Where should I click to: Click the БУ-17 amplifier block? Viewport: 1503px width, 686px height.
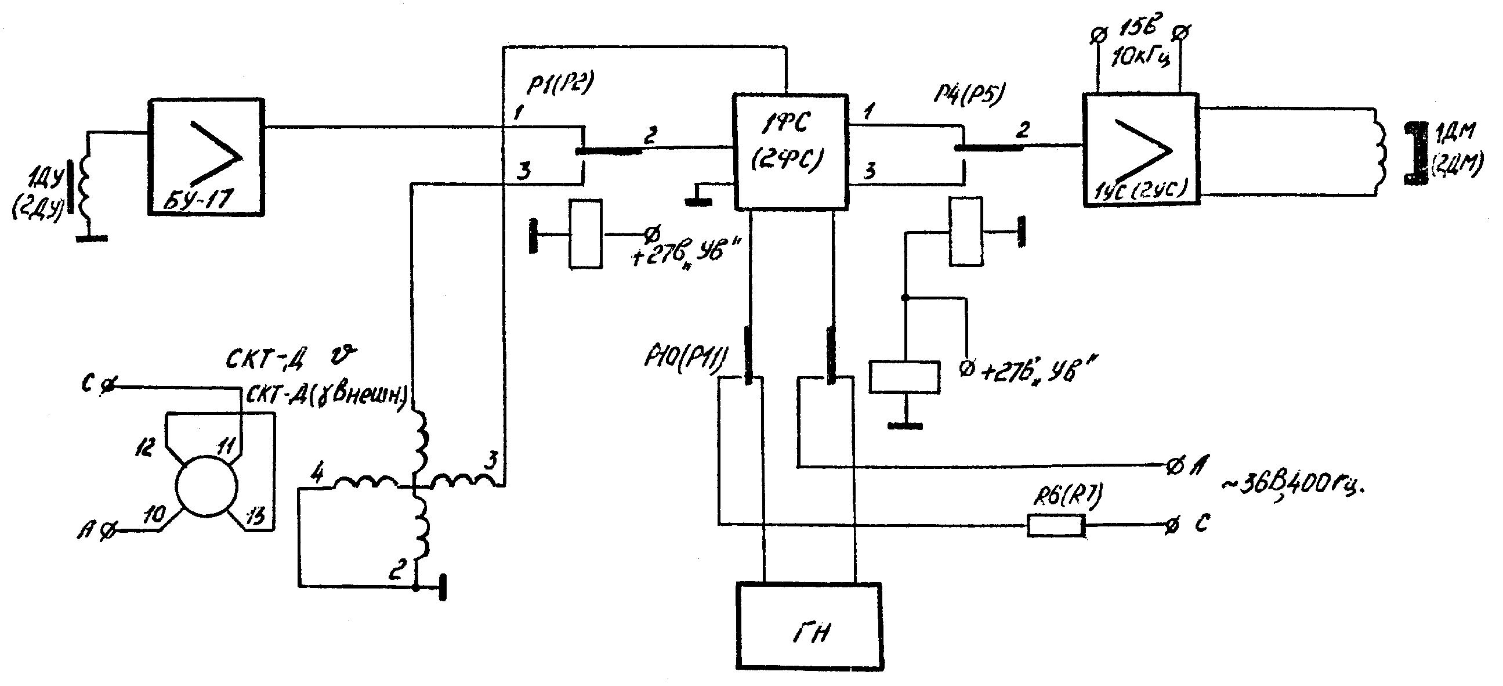tap(206, 158)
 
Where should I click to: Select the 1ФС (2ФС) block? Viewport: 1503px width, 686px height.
tap(789, 151)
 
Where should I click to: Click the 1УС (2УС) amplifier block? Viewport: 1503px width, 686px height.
tap(1141, 150)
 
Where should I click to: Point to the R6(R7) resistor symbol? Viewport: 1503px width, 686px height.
tap(1056, 525)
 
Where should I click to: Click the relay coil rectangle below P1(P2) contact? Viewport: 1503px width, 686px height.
tap(585, 234)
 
